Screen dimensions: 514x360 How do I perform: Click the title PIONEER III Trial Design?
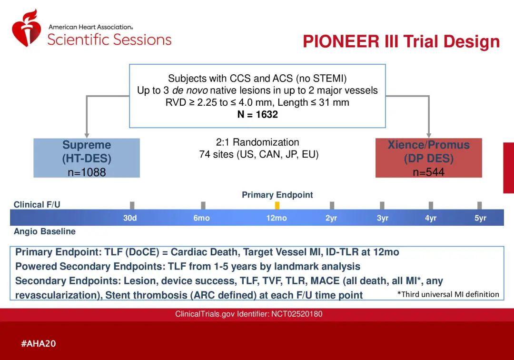(x=401, y=41)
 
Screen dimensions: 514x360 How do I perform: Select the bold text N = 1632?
(x=257, y=114)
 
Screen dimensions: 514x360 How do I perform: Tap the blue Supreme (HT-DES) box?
(x=87, y=158)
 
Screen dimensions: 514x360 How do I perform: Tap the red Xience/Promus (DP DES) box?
(x=428, y=158)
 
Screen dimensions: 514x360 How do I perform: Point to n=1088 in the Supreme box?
(x=87, y=172)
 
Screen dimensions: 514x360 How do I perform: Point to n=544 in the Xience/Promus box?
(x=428, y=172)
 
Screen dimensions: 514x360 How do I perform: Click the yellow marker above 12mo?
(x=277, y=206)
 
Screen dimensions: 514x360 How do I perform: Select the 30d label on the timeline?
(x=130, y=218)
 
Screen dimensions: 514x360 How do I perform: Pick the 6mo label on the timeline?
(x=201, y=218)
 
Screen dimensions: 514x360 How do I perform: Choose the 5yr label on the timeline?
(x=480, y=218)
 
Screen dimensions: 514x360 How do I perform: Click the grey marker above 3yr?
(x=382, y=206)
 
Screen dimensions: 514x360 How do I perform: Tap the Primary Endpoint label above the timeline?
(x=277, y=195)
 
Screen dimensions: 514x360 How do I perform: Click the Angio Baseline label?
(x=45, y=231)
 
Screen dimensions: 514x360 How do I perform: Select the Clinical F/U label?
(x=37, y=205)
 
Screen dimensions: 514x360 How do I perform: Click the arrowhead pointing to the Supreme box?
(x=87, y=136)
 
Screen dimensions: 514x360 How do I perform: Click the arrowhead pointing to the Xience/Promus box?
(x=428, y=136)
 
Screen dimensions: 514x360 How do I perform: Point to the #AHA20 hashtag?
(x=39, y=344)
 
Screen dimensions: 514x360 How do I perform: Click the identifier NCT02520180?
(x=297, y=314)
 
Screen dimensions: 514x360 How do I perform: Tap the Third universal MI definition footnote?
(x=448, y=294)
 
